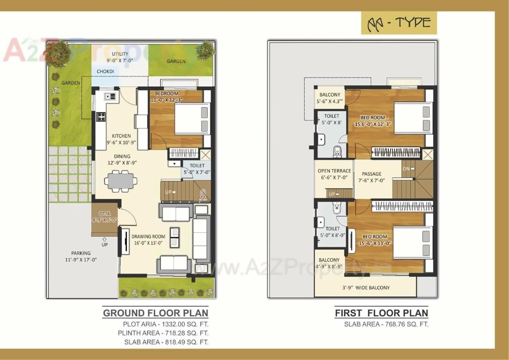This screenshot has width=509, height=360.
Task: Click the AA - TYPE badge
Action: (x=398, y=23)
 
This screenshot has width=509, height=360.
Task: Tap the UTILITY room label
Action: (x=120, y=54)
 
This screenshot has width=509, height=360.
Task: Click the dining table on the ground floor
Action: (x=120, y=181)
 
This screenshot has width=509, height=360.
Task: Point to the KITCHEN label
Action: (x=121, y=136)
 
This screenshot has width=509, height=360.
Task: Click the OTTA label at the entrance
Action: (x=104, y=214)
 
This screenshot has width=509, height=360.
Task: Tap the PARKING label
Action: (x=81, y=253)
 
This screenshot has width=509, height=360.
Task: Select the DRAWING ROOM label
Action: (x=148, y=236)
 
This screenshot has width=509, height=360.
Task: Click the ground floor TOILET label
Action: (x=197, y=165)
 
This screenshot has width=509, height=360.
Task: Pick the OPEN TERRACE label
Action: (x=334, y=171)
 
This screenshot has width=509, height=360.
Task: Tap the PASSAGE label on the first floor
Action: (x=371, y=174)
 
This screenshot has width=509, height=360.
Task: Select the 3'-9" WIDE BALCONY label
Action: (x=366, y=288)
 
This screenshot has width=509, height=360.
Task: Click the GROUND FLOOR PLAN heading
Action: (x=155, y=313)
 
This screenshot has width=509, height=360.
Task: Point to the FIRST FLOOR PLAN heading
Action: (x=381, y=313)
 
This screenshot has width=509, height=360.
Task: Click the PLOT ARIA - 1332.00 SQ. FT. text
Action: (x=165, y=324)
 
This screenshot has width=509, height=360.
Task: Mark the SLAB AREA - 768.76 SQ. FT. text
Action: (x=386, y=324)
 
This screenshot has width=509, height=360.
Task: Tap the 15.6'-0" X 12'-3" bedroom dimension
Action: (x=373, y=124)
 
